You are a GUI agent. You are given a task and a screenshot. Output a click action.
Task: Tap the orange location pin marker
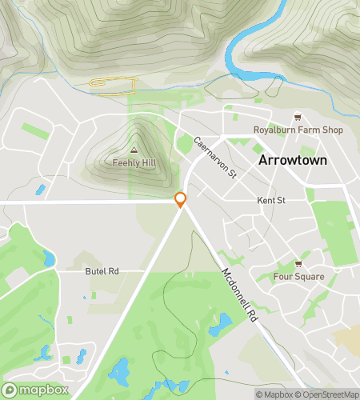point(181,200)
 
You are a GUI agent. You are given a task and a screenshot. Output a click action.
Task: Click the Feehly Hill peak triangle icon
point(134,150)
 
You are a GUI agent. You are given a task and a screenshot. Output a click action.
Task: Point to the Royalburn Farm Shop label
point(298,130)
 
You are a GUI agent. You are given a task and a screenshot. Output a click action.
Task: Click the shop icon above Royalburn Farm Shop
point(298,117)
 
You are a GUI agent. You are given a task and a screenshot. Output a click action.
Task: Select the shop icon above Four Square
point(298,264)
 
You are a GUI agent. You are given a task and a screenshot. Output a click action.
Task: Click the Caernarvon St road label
point(216,157)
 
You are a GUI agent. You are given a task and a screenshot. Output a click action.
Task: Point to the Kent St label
point(271,200)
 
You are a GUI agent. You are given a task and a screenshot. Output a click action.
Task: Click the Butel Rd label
point(102,272)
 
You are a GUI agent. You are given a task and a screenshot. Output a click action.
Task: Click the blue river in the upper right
point(240,48)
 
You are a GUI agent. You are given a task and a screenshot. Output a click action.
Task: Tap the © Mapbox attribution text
point(274,394)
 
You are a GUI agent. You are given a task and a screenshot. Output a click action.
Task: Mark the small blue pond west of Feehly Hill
point(40,190)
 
